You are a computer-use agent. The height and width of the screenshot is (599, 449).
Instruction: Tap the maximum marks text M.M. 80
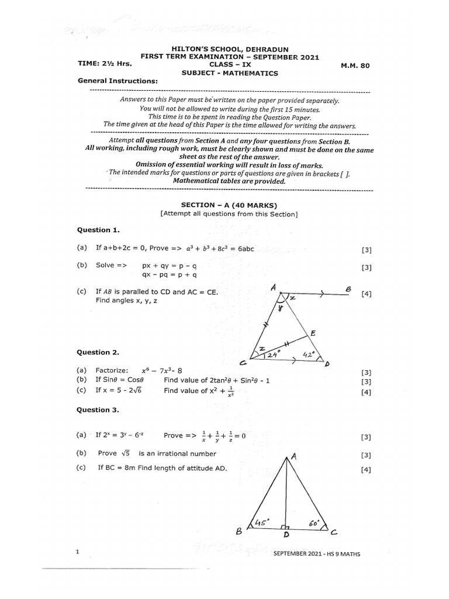355,66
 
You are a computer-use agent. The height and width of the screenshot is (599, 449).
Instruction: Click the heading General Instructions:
118,81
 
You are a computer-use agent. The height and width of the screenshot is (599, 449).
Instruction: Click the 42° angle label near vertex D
310,353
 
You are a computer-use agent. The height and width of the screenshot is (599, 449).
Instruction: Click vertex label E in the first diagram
313,333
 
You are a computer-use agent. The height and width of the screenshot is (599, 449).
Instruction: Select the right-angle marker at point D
284,525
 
